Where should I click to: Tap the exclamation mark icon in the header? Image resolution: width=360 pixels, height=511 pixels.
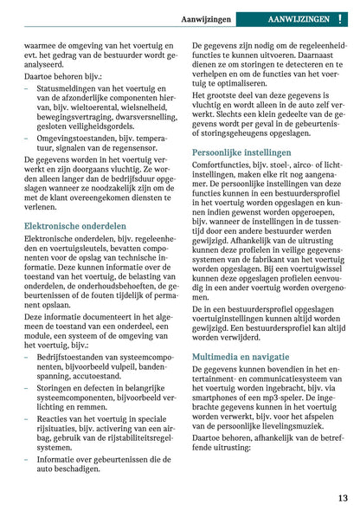(x=341, y=18)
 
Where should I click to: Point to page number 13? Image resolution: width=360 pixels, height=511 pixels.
(x=343, y=498)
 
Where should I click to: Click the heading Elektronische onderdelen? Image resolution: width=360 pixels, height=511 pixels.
(x=75, y=225)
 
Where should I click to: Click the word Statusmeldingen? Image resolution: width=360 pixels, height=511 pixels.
(x=67, y=90)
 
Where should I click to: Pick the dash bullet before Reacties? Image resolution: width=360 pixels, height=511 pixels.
(x=28, y=418)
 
